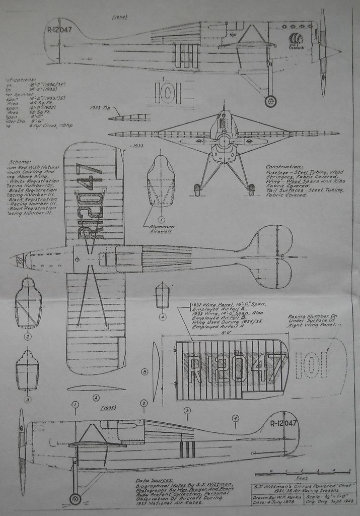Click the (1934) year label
120,17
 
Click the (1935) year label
109,408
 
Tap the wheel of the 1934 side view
270,102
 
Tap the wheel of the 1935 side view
75,499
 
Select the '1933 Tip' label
101,108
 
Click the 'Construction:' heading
284,167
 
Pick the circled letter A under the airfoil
96,398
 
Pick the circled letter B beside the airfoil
145,372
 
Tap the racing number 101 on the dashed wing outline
312,365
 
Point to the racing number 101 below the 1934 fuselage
168,92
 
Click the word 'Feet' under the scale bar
302,478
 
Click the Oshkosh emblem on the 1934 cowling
297,41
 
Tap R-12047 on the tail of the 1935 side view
283,423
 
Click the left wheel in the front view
197,190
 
